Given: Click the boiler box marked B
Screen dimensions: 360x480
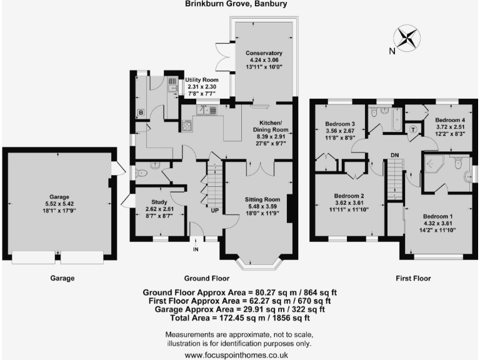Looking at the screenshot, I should pos(141,113).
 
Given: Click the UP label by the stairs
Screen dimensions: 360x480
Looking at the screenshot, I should pos(214,211).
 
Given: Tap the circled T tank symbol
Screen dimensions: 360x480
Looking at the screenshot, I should pos(413,129).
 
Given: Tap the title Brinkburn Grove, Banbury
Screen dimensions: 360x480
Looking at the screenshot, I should pos(239,4).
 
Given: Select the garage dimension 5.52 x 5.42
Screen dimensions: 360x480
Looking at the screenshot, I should pos(60,204).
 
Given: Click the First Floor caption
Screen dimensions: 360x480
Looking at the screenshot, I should pos(414,278).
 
